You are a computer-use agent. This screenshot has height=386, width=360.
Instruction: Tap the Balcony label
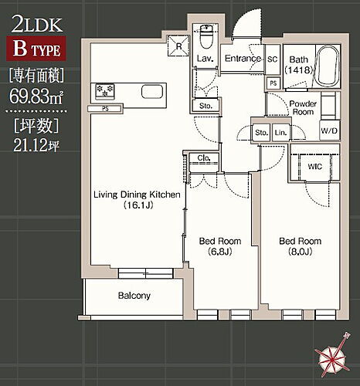click(134, 296)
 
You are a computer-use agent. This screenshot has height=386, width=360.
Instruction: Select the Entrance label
click(243, 59)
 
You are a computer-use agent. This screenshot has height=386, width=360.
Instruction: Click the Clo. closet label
click(202, 160)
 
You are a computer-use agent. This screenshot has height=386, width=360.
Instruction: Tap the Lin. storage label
click(280, 134)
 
